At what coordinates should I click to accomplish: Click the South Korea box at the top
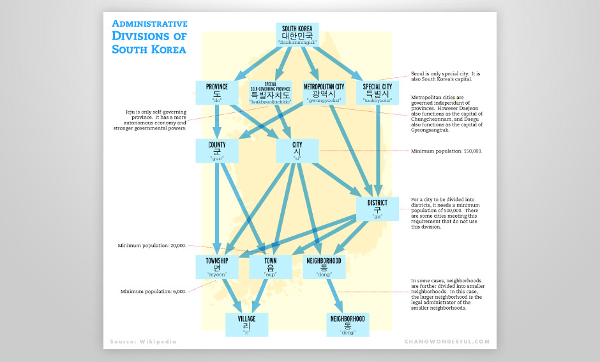tap(297, 34)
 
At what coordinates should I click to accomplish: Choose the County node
tap(217, 151)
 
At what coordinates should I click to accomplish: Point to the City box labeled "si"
tap(297, 151)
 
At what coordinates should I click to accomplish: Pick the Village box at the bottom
tap(246, 324)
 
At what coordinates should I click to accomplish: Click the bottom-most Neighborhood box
tap(347, 324)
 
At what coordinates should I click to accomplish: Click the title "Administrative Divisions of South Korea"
tap(149, 36)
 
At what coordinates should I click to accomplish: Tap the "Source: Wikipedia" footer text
tap(142, 342)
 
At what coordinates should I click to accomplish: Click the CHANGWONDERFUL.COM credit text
tap(447, 342)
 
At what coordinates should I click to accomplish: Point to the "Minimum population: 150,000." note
tap(446, 151)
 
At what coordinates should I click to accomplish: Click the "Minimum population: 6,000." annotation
tap(153, 292)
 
